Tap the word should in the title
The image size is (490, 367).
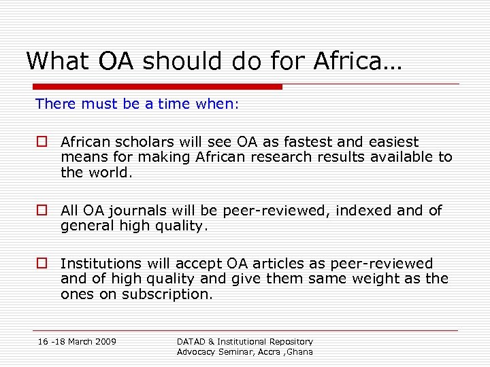point(175,61)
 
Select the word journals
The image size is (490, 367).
point(144,211)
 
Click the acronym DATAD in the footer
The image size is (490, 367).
point(193,341)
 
